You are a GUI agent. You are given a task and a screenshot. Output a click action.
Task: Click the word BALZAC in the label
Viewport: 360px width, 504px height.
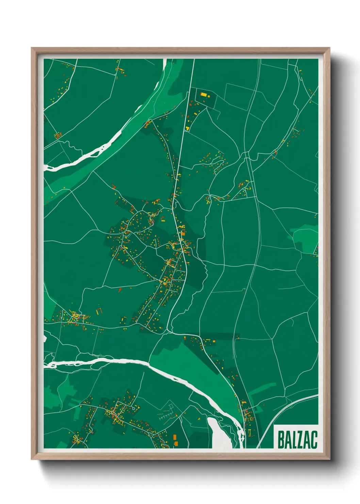pyautogui.click(x=297, y=439)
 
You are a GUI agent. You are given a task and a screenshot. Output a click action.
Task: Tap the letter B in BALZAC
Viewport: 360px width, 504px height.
pyautogui.click(x=281, y=439)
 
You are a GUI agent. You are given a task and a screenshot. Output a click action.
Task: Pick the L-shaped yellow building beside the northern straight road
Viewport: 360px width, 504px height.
pyautogui.click(x=187, y=128)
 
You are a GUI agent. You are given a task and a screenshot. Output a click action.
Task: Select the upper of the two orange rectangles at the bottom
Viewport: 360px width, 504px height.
pyautogui.click(x=175, y=437)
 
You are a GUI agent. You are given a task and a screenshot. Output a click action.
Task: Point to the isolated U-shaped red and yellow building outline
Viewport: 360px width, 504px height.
pyautogui.click(x=99, y=311)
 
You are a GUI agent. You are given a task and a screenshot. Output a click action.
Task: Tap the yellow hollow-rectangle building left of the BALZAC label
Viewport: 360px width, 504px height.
pyautogui.click(x=249, y=433)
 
